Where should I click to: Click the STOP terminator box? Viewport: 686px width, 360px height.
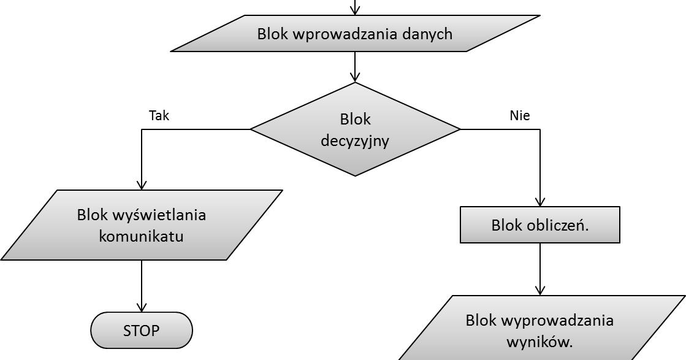(x=141, y=331)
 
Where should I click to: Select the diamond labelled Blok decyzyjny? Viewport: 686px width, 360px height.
(x=355, y=129)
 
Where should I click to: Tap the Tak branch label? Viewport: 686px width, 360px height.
(x=159, y=115)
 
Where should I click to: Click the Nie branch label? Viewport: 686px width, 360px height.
(x=519, y=115)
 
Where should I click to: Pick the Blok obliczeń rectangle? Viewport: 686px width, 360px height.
(x=539, y=225)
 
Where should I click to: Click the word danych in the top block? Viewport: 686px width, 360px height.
(x=427, y=33)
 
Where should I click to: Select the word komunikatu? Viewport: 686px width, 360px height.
(x=141, y=236)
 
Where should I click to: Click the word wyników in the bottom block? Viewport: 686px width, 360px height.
(x=539, y=342)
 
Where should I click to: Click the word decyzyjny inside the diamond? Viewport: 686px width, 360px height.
(x=355, y=140)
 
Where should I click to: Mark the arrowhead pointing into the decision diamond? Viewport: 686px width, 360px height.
(x=355, y=77)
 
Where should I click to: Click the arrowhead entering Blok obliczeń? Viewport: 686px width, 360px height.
(x=539, y=201)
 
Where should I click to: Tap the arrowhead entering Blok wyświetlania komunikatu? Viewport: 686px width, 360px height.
(x=142, y=185)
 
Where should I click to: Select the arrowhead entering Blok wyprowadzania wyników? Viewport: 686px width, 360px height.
(x=539, y=290)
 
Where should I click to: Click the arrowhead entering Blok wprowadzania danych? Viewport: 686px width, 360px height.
(x=355, y=10)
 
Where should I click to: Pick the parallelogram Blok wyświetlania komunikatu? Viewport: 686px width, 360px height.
(x=141, y=225)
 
